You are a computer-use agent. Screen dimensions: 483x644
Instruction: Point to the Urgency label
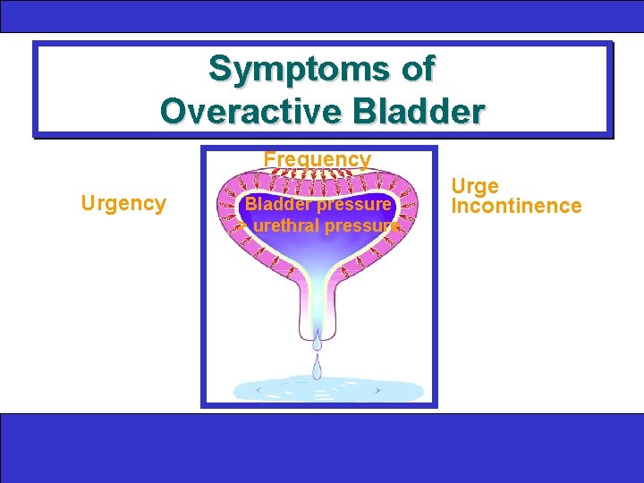(123, 204)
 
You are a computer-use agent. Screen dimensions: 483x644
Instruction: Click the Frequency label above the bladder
(318, 160)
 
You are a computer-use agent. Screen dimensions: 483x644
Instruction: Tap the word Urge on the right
(475, 187)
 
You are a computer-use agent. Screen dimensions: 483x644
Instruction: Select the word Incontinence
(516, 208)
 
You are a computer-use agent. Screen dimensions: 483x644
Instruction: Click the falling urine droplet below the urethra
(318, 366)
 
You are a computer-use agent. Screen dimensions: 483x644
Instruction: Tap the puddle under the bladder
(327, 391)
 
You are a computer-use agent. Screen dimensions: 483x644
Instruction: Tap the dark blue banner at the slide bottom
(322, 447)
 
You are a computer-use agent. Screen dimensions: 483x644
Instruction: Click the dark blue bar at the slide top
(322, 16)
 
